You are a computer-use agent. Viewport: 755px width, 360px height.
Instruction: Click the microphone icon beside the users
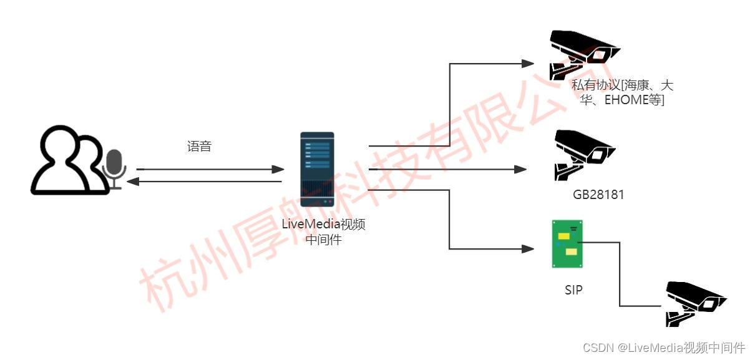click(114, 168)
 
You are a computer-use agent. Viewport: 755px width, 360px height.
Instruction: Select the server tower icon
click(317, 170)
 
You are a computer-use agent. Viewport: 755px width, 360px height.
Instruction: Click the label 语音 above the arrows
click(200, 147)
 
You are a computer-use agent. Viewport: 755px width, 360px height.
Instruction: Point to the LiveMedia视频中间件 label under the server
click(323, 231)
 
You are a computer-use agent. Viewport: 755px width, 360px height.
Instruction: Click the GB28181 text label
click(598, 195)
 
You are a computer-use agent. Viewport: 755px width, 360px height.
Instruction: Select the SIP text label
click(573, 289)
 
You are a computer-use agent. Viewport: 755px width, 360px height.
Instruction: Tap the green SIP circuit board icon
click(567, 243)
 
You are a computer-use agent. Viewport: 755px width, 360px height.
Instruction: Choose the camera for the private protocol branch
click(583, 52)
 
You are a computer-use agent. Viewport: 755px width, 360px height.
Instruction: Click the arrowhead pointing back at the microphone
click(132, 182)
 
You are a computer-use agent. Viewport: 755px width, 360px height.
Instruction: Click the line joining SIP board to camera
click(620, 275)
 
